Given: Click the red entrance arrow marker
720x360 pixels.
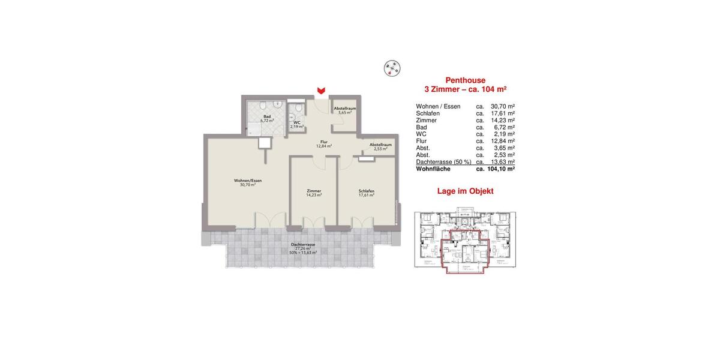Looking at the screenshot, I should pos(322,90).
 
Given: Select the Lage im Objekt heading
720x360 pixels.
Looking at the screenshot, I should pos(466,191).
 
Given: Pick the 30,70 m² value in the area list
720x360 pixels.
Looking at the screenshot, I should pos(503,106).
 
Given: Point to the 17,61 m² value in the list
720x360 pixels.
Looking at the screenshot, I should pos(503,113).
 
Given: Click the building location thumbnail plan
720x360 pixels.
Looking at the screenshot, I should pos(466,240).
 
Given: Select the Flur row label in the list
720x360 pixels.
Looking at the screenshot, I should pos(422,141).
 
